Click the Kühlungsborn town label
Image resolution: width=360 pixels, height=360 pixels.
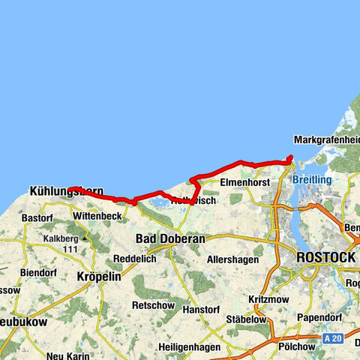66,192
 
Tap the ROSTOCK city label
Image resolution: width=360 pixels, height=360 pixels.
326,256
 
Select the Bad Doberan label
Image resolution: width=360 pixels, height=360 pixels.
170,238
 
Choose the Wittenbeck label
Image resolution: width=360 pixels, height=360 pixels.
97,216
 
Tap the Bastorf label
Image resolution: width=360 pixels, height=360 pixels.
37,218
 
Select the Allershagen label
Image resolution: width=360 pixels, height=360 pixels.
232,259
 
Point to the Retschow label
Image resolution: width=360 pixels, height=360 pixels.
153,306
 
